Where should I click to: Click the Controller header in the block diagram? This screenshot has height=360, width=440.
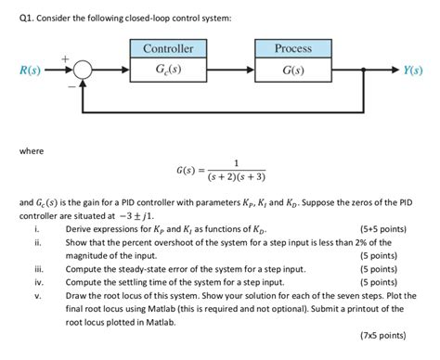168,47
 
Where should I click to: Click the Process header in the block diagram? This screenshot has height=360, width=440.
293,47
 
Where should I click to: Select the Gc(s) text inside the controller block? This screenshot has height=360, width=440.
168,69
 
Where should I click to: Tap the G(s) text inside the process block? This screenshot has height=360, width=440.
293,69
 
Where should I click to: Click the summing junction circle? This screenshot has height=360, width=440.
84,70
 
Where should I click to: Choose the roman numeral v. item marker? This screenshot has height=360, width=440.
35,296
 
